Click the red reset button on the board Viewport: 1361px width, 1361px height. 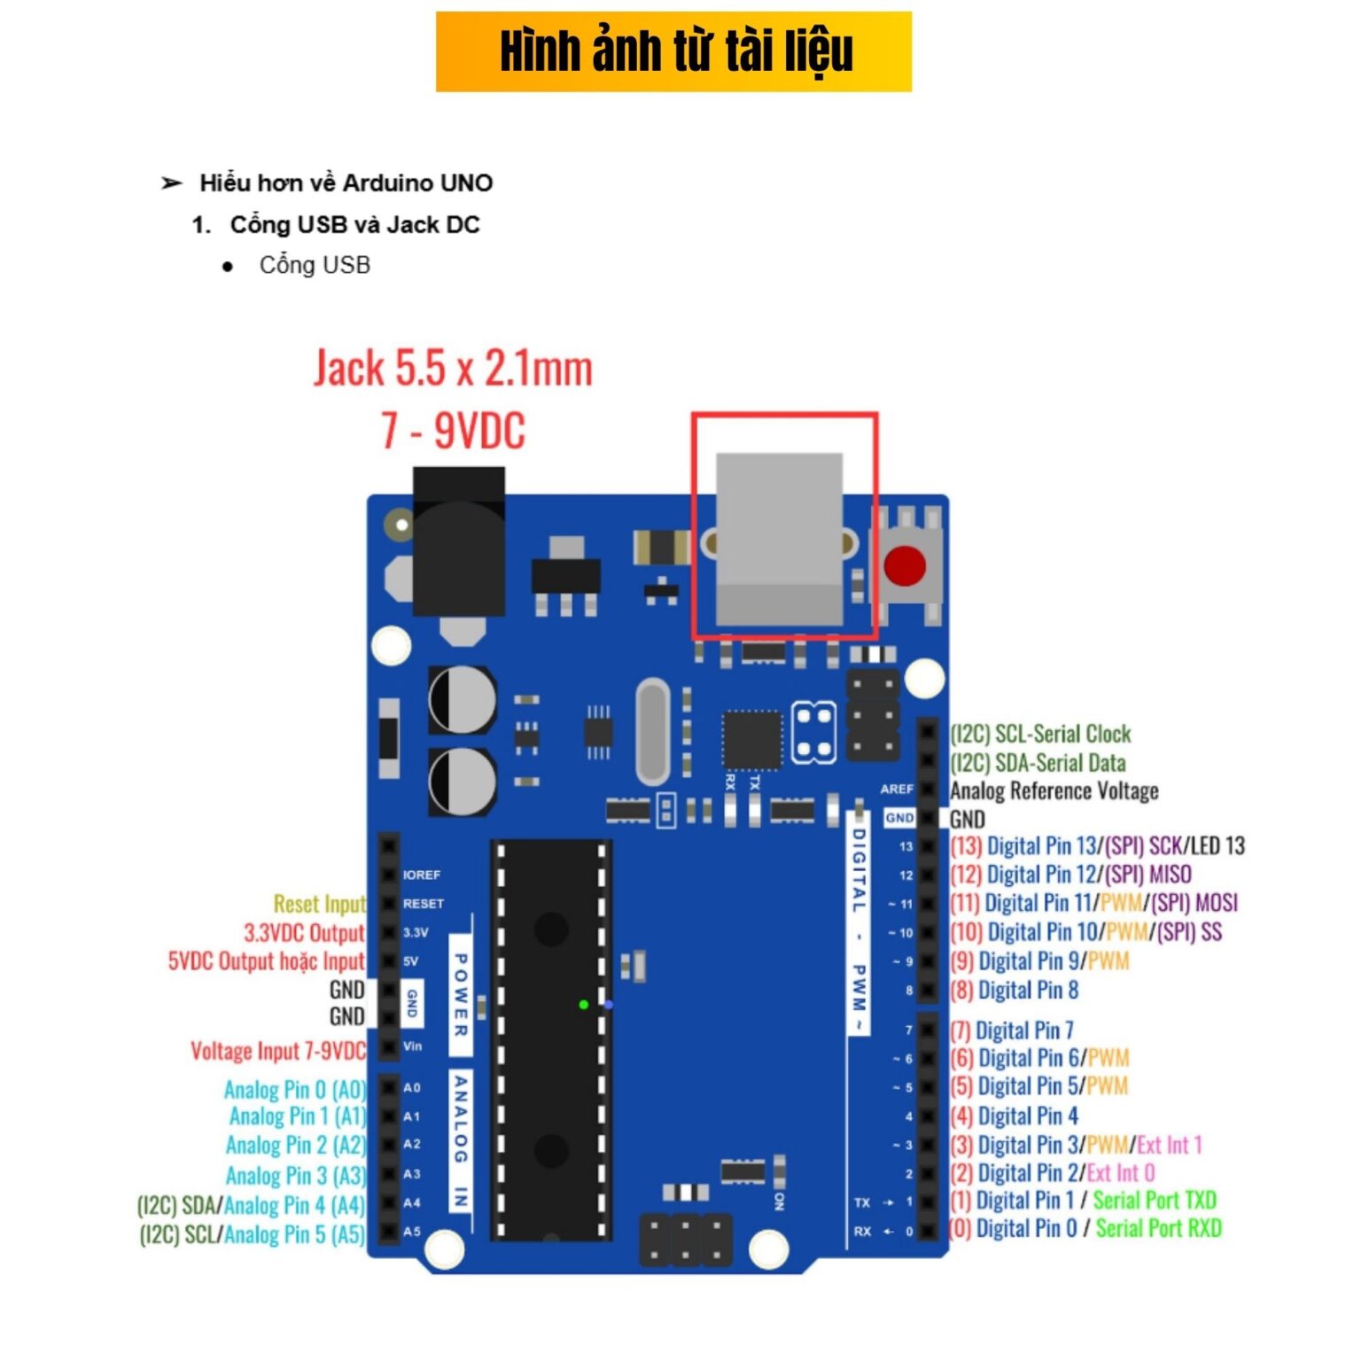click(905, 565)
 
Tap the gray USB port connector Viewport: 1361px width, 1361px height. click(779, 540)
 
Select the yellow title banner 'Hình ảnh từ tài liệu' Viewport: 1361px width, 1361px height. click(673, 51)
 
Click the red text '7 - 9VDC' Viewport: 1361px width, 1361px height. click(453, 431)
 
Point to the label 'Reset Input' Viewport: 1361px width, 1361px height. click(319, 904)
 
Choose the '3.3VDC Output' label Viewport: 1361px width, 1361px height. click(304, 932)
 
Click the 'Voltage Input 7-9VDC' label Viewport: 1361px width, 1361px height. click(277, 1051)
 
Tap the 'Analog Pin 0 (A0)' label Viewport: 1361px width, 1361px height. click(294, 1089)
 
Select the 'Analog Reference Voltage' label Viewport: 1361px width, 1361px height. click(1054, 790)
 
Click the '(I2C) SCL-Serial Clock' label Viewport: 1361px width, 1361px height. click(1040, 734)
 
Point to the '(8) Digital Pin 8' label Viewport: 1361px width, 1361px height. click(1014, 990)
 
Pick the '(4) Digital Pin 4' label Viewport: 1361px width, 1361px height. click(1014, 1116)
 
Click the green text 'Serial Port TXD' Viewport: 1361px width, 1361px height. click(1155, 1201)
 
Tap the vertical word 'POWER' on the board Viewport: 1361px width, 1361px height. click(461, 994)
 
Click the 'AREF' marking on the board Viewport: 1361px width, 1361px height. click(897, 789)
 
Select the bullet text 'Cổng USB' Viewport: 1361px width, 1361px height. click(315, 265)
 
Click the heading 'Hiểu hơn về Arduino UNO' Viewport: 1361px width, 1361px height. click(346, 183)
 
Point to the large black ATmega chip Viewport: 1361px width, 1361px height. click(551, 1039)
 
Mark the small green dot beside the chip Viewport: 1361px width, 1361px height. click(583, 1004)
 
